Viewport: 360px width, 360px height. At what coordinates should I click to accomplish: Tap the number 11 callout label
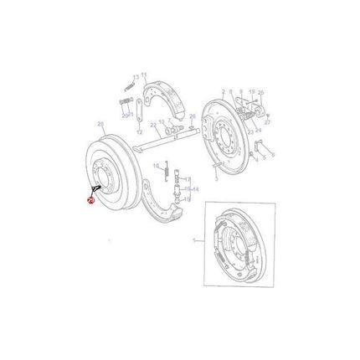(x=144, y=74)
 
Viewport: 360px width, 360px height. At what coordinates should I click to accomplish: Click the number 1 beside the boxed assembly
(x=193, y=239)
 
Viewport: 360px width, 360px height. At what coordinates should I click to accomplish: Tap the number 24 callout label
(x=259, y=106)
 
